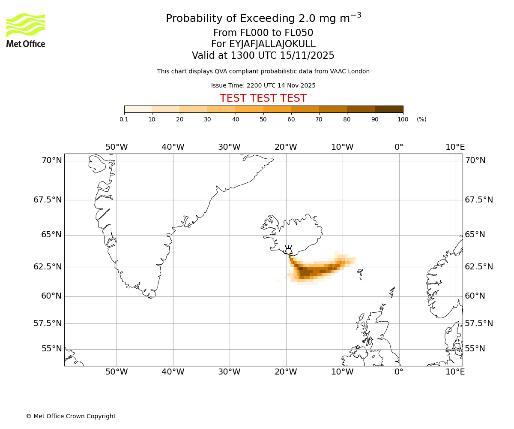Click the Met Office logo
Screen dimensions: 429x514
(26, 30)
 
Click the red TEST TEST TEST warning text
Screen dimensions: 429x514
(263, 98)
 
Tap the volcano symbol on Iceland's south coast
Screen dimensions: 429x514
(288, 250)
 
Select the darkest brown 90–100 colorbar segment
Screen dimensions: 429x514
(389, 109)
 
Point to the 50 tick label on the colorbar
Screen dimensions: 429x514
(263, 119)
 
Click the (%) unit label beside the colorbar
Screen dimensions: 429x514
(421, 119)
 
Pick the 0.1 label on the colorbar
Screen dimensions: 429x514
(124, 119)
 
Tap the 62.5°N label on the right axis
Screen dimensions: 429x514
(479, 266)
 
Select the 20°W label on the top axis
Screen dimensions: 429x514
(286, 147)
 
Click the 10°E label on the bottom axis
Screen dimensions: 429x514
(455, 372)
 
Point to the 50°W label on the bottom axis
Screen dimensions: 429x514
(117, 372)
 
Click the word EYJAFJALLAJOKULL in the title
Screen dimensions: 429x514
(272, 44)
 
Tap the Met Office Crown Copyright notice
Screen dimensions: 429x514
(71, 416)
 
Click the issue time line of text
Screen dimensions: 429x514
(263, 85)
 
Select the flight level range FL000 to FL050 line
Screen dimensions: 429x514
(263, 33)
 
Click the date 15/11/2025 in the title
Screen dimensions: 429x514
(307, 56)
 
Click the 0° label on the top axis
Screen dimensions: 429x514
(399, 147)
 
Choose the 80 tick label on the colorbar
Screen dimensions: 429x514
(347, 119)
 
